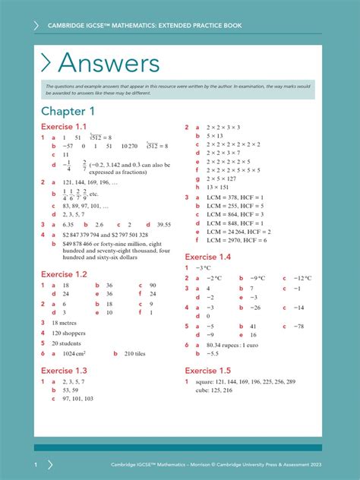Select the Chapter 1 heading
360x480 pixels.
(69, 112)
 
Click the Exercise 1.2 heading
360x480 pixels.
(65, 274)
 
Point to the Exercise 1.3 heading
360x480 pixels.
(65, 371)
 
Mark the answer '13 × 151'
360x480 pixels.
(217, 187)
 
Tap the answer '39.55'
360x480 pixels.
(163, 225)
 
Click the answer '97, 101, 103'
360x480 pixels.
(78, 399)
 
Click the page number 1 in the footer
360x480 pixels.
(36, 464)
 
